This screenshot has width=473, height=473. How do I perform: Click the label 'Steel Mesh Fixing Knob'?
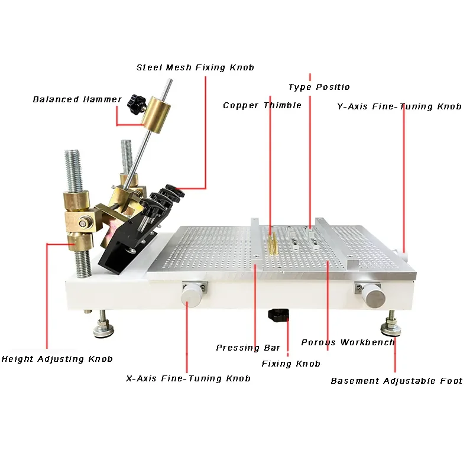(x=195, y=67)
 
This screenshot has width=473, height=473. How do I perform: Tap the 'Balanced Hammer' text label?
(x=77, y=99)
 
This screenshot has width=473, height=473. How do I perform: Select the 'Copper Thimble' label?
(x=262, y=105)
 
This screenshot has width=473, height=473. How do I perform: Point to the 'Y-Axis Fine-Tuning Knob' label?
(x=400, y=106)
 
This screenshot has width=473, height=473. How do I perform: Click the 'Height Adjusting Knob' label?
(x=57, y=359)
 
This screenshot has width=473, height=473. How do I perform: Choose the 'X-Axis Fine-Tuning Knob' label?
(x=188, y=378)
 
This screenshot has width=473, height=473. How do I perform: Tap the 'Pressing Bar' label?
(x=248, y=348)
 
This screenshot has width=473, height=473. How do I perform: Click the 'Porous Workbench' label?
(x=348, y=342)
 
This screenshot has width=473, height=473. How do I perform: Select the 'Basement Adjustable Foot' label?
(x=397, y=381)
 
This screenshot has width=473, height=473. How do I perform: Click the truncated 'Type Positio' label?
(x=319, y=87)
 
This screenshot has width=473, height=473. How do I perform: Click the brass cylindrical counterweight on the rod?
(x=156, y=115)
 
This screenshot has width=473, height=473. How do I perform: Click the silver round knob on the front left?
(x=192, y=294)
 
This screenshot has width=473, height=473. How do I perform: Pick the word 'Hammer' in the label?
(x=102, y=99)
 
